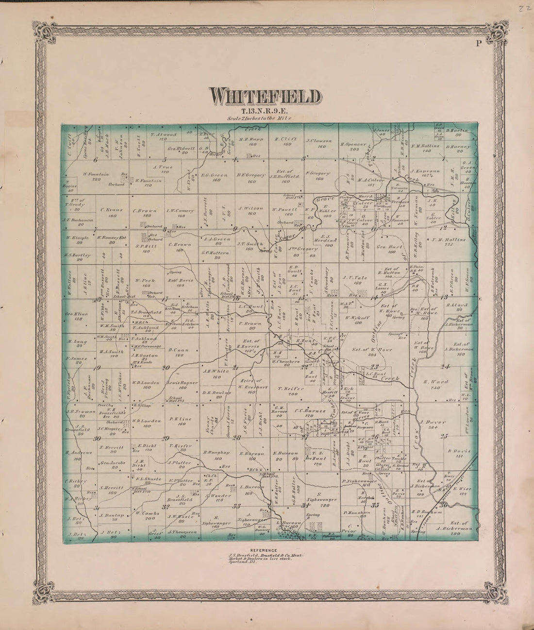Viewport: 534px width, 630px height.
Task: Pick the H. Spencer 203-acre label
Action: pyautogui.click(x=350, y=144)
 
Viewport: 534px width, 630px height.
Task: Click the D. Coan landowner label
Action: pyautogui.click(x=176, y=349)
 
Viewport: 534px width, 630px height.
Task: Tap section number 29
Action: pyautogui.click(x=166, y=438)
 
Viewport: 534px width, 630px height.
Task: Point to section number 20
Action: pyautogui.click(x=166, y=368)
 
